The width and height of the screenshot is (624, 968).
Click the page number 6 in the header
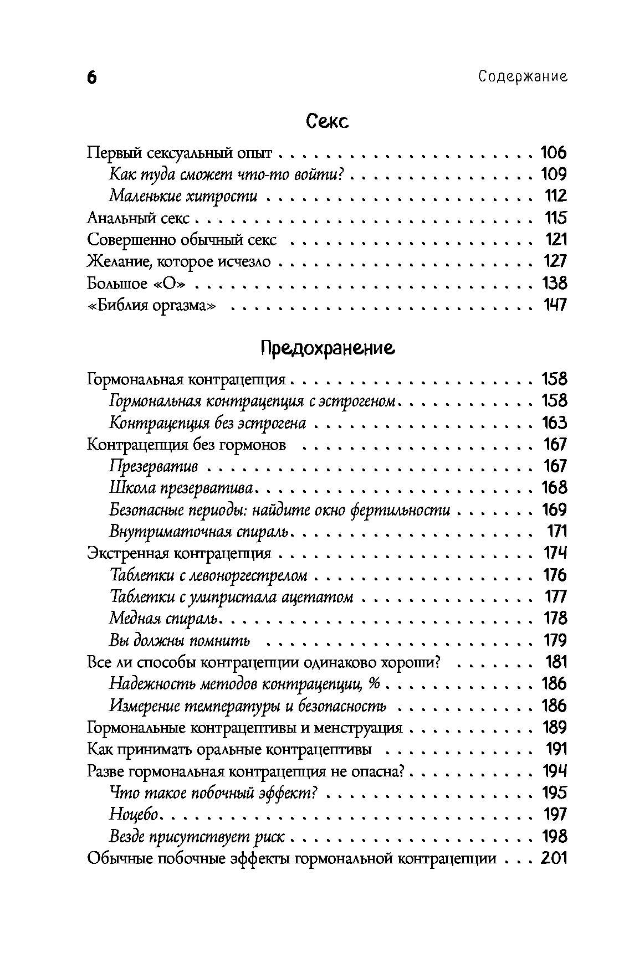[x=92, y=78]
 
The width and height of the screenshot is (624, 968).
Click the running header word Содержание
[x=523, y=77]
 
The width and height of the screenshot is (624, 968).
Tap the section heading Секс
[x=327, y=121]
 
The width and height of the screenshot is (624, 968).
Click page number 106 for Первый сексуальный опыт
[x=554, y=153]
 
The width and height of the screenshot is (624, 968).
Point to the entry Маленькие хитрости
[x=183, y=196]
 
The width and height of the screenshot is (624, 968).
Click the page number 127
[x=554, y=261]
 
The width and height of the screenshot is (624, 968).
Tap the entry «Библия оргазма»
[x=151, y=305]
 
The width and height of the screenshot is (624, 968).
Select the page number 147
[x=554, y=305]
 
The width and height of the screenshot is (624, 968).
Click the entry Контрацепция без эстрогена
[x=207, y=423]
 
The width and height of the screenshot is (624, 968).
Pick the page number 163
[x=554, y=423]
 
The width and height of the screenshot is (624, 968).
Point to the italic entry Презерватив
[x=154, y=466]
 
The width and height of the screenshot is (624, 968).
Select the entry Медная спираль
[x=165, y=619]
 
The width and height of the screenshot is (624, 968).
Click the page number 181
[x=556, y=662]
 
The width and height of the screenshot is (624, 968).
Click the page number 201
[x=554, y=858]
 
